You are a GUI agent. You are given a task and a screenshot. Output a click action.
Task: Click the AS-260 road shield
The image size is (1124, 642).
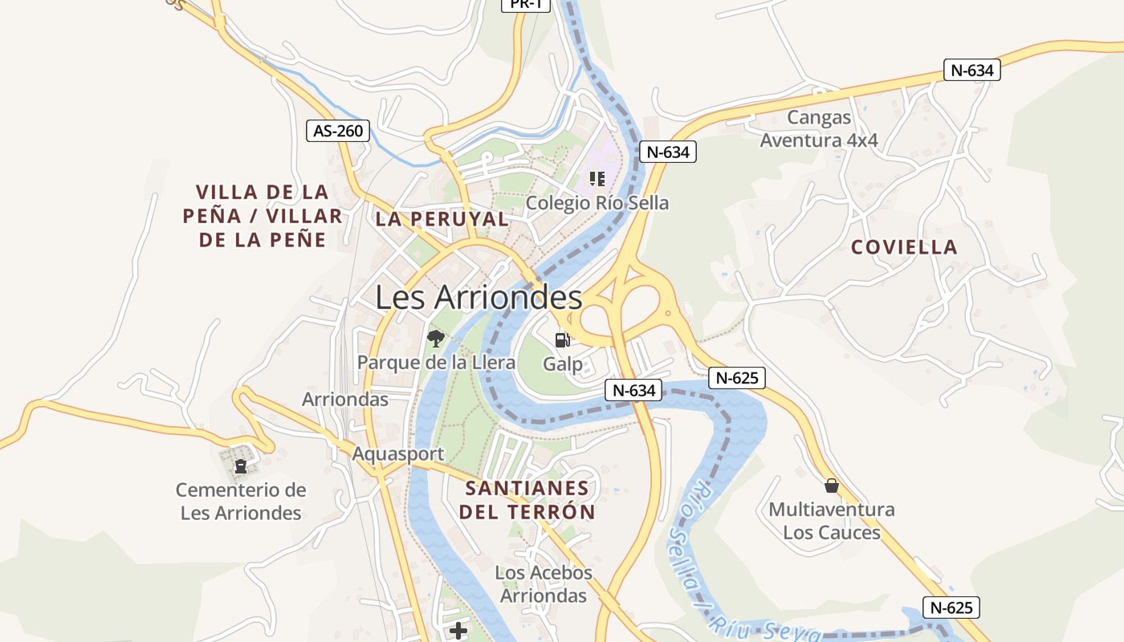click(x=338, y=131)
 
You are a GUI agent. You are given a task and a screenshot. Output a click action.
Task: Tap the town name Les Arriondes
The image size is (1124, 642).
click(x=479, y=298)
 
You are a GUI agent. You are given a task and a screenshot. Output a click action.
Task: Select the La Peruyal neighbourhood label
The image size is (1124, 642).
click(x=442, y=219)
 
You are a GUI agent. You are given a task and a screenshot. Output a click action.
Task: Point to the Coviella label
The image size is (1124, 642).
click(x=904, y=247)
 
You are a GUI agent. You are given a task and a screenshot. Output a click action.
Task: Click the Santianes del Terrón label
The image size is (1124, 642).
click(x=527, y=500)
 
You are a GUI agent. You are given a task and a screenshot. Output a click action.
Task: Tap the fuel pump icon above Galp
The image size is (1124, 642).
click(x=562, y=340)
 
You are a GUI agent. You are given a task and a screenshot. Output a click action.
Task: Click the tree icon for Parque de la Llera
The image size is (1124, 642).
click(x=436, y=338)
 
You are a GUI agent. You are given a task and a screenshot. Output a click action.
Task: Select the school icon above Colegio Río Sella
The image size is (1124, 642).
click(x=597, y=178)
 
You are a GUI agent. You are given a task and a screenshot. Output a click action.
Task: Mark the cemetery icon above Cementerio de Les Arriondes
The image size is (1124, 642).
click(x=240, y=465)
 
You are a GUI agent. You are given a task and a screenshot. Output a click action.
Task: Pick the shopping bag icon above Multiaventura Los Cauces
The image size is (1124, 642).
click(x=832, y=486)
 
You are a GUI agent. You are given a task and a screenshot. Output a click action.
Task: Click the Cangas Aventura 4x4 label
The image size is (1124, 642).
click(x=819, y=129)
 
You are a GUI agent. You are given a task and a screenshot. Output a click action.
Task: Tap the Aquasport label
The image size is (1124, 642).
click(x=398, y=454)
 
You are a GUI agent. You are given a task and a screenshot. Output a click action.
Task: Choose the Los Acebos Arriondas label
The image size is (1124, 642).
click(x=544, y=584)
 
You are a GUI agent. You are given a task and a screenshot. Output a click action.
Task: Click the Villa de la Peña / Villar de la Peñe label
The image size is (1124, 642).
click(x=263, y=215)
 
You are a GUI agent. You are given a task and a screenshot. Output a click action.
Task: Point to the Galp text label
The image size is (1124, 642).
click(x=563, y=364)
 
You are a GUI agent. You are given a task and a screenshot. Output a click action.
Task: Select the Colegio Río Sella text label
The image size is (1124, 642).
click(x=597, y=203)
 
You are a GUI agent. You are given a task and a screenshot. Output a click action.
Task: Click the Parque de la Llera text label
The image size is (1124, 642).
click(x=436, y=363)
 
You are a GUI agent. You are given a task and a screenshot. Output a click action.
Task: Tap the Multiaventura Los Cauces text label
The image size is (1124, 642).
click(x=832, y=521)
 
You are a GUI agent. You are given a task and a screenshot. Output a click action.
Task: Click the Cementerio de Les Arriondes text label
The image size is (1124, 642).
click(x=241, y=502)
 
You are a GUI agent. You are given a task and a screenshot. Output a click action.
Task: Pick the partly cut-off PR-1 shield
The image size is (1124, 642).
click(x=526, y=5)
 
